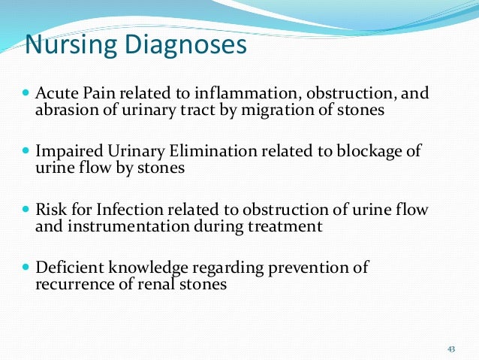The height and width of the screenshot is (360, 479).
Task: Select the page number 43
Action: coord(451,349)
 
